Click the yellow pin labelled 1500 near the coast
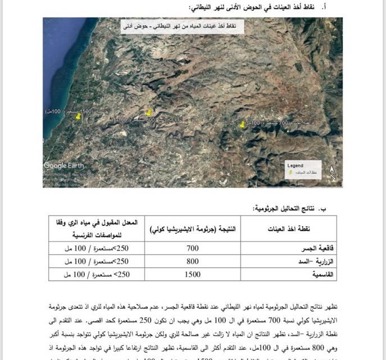click(78, 115)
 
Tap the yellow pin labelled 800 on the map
click(149, 113)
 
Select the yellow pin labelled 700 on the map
click(242, 124)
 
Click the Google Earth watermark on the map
click(63, 165)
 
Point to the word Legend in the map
click(295, 166)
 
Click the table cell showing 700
click(193, 248)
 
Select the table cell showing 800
click(193, 262)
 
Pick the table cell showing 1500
click(193, 274)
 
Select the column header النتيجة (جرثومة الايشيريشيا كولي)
click(193, 228)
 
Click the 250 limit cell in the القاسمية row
click(96, 274)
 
